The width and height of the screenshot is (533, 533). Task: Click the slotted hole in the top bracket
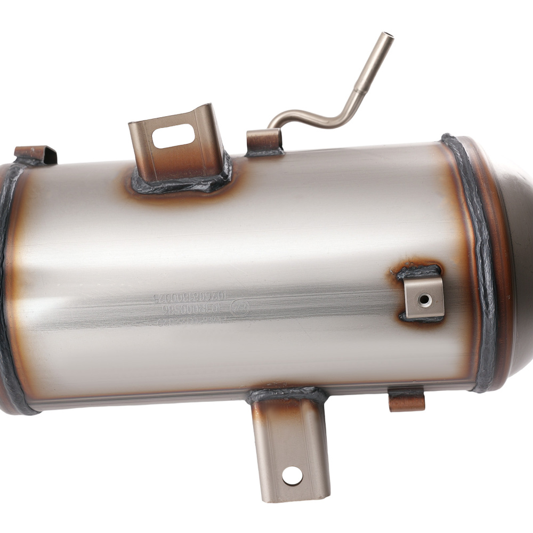pyautogui.click(x=174, y=135)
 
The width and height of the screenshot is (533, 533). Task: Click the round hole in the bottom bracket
pyautogui.click(x=292, y=475)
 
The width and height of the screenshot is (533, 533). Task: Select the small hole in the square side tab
pyautogui.click(x=424, y=300)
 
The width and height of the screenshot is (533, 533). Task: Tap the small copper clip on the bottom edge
pyautogui.click(x=407, y=400)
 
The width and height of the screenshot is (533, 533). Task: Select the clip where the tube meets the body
pyautogui.click(x=264, y=142)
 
